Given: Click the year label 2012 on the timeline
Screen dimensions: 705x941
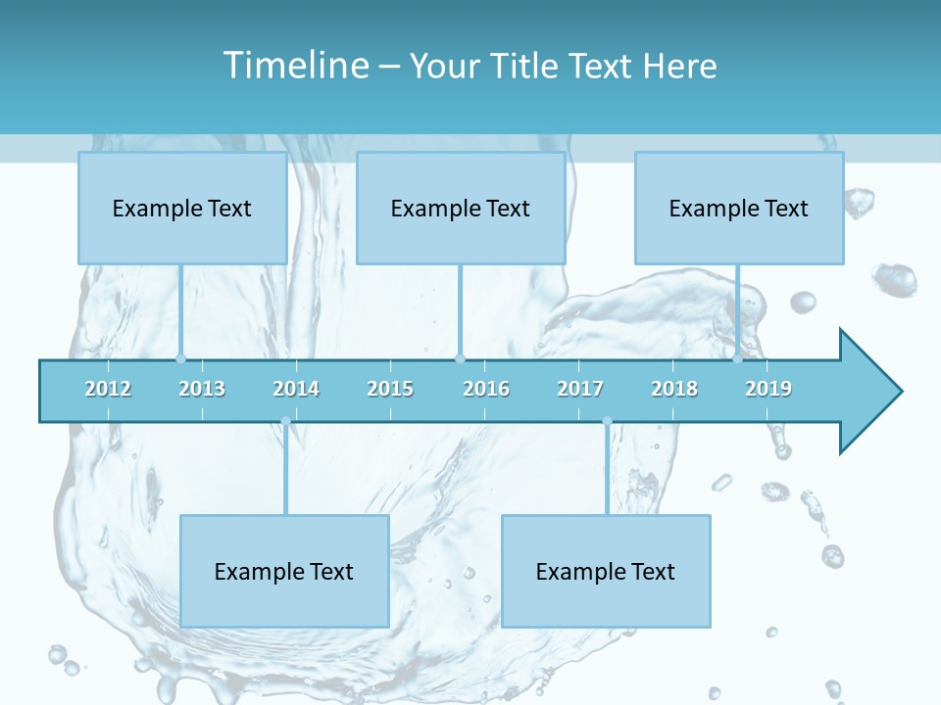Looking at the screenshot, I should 108,389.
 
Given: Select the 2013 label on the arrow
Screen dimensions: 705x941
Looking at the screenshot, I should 202,389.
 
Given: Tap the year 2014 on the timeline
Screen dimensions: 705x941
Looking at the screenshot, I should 296,389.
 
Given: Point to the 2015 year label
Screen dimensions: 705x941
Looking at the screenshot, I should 390,389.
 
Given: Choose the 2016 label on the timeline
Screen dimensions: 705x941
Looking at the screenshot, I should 486,389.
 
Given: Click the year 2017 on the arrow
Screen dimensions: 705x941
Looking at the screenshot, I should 580,389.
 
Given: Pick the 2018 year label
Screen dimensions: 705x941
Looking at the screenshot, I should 674,389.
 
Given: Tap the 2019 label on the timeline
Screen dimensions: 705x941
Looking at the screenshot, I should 768,389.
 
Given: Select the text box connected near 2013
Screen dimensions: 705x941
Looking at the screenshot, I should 182,208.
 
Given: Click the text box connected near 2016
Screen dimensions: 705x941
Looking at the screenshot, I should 461,208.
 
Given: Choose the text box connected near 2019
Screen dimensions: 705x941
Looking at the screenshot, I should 739,208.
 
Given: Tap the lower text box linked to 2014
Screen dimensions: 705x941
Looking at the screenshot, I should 284,571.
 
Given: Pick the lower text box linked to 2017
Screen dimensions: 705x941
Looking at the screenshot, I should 606,571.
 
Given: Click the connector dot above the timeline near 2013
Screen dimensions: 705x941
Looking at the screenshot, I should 180,358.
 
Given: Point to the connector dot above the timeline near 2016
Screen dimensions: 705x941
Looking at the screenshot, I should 460,358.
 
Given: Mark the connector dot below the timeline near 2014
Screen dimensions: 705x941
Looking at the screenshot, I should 285,421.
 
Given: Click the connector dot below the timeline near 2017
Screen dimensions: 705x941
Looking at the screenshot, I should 607,421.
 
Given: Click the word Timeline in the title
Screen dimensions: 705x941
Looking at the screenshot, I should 295,66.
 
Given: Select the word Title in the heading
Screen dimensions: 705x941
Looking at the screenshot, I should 526,66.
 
